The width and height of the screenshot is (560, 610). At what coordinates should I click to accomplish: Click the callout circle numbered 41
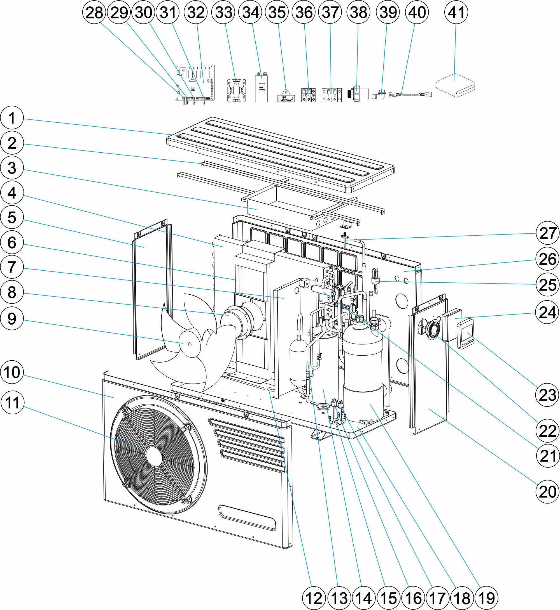tap(456, 12)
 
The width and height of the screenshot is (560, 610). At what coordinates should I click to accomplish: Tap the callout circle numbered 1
tap(12, 118)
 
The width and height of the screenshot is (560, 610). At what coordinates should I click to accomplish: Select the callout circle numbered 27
tap(547, 233)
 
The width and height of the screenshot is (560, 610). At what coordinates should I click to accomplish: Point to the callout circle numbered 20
tap(547, 492)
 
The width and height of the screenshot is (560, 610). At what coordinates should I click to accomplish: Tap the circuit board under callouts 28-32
tap(195, 82)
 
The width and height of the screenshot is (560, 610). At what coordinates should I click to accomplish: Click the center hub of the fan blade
tap(189, 344)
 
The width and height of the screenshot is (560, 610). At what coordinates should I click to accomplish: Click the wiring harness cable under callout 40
tap(410, 95)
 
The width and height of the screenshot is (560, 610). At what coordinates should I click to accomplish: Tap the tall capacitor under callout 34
tap(261, 88)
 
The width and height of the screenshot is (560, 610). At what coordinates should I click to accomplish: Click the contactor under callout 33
tap(236, 90)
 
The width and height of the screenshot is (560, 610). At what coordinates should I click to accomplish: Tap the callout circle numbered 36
tap(304, 12)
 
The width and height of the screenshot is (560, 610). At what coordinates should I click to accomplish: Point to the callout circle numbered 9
tap(12, 318)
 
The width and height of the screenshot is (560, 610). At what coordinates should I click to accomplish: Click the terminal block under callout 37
tap(331, 95)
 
